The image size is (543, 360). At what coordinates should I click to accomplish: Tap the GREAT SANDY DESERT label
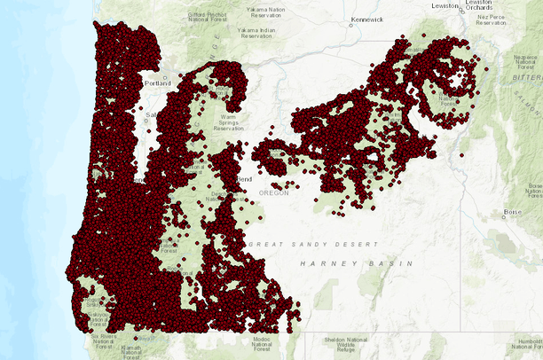click(313, 244)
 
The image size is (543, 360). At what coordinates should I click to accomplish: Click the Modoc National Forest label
click(262, 345)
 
